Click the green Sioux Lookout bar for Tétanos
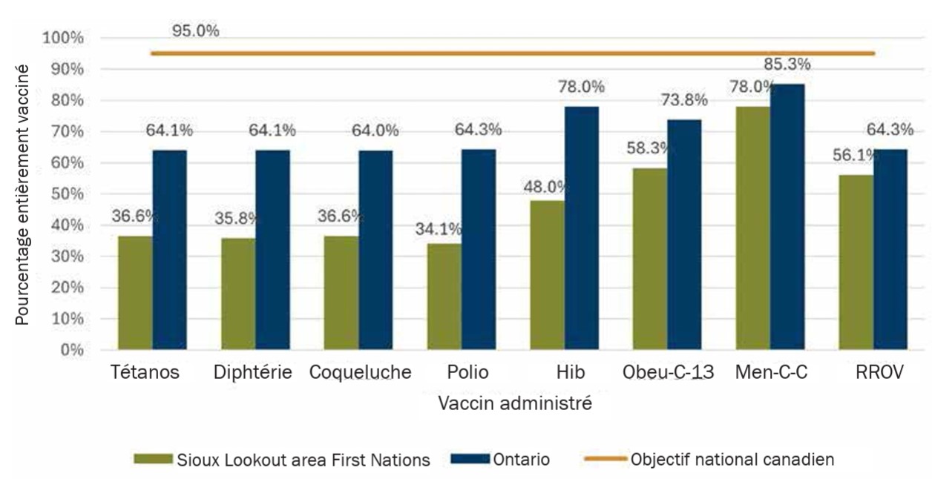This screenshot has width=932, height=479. (135, 293)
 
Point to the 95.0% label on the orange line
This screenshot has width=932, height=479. (195, 31)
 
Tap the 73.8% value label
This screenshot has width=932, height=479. (684, 101)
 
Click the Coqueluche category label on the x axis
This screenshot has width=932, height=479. (360, 372)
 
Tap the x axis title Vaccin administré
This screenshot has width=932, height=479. (514, 404)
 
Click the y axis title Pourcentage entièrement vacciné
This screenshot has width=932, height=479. (23, 194)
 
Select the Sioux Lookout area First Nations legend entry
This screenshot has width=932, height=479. (282, 460)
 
